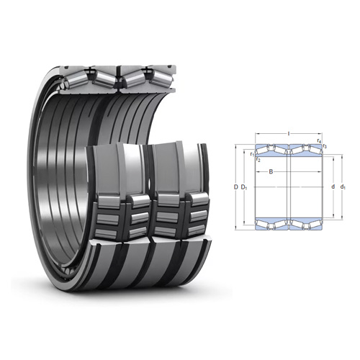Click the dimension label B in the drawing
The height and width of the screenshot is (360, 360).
tap(271, 171)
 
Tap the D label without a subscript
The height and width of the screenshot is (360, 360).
tap(235, 187)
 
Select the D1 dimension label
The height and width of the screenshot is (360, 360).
tap(244, 187)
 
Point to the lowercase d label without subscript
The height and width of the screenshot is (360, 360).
tap(333, 186)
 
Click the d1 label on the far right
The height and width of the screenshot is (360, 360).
tap(343, 187)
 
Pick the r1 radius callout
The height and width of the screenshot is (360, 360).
tap(252, 154)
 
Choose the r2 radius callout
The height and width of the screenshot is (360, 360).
tap(258, 160)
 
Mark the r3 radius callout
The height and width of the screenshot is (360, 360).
tap(325, 146)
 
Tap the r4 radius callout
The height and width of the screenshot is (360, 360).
tap(319, 141)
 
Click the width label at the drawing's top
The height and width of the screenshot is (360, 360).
tap(289, 133)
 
